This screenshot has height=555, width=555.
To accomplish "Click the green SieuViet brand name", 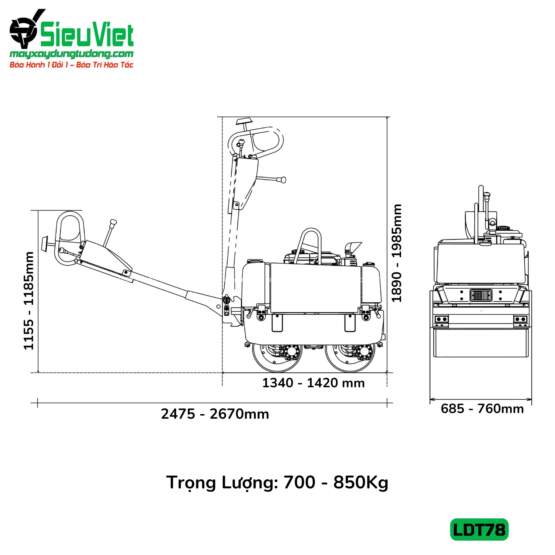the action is click(87, 35).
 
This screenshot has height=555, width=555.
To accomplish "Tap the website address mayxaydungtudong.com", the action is click(72, 54).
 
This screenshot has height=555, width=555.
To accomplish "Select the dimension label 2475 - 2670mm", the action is click(215, 414).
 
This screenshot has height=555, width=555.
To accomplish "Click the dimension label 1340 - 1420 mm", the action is click(314, 383).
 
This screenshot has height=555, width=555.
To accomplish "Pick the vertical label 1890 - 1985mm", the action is click(397, 253).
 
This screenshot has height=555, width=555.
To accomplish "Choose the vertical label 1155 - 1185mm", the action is click(29, 301).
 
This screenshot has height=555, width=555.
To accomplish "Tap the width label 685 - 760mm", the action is click(482, 408).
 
